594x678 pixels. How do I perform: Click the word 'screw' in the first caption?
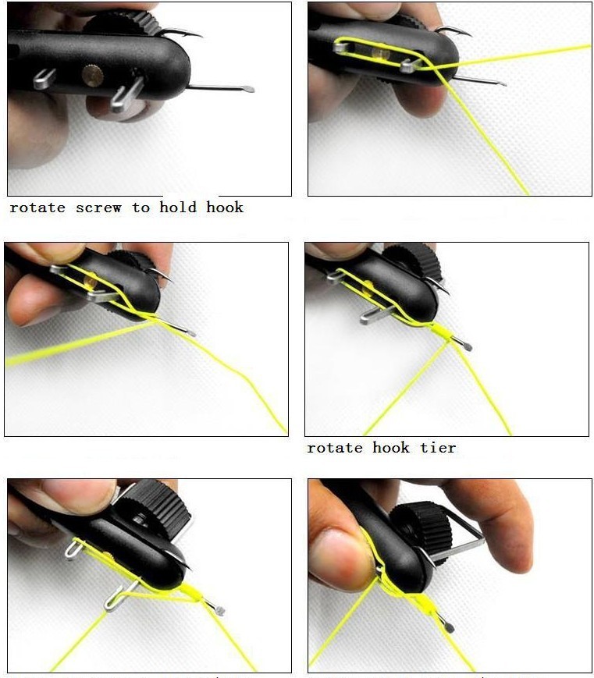pyautogui.click(x=98, y=208)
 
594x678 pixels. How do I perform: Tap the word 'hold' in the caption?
pyautogui.click(x=179, y=208)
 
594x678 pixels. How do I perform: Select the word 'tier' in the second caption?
pyautogui.click(x=438, y=448)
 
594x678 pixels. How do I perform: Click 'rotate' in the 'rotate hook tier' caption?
pyautogui.click(x=335, y=448)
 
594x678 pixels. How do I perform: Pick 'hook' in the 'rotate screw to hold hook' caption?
pyautogui.click(x=225, y=208)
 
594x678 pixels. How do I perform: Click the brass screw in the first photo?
pyautogui.click(x=92, y=75)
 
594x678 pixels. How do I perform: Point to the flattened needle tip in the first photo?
pyautogui.click(x=247, y=89)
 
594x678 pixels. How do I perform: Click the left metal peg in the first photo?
pyautogui.click(x=44, y=79)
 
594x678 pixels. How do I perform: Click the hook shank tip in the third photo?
pyautogui.click(x=190, y=333)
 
